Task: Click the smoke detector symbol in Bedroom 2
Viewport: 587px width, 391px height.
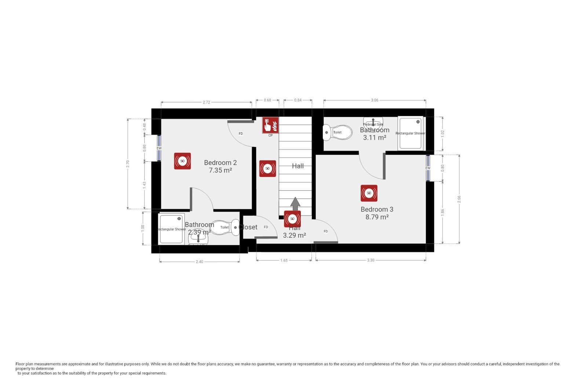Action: click(x=182, y=161)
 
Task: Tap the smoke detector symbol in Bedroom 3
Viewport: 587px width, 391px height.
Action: click(x=369, y=193)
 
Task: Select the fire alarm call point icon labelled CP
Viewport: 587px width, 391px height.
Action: click(x=270, y=125)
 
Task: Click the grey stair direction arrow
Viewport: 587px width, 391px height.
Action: click(x=295, y=203)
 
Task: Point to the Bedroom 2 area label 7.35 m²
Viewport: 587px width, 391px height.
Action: click(x=220, y=170)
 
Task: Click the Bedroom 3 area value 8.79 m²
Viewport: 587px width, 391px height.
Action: click(x=377, y=217)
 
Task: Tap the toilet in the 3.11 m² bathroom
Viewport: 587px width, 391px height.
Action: click(x=336, y=132)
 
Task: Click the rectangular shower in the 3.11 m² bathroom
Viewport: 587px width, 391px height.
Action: click(x=410, y=133)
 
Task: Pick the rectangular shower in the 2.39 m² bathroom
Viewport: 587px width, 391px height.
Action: click(x=171, y=229)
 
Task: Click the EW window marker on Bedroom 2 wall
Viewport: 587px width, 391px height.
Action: click(x=159, y=148)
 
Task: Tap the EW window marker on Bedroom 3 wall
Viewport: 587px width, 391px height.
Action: click(x=428, y=168)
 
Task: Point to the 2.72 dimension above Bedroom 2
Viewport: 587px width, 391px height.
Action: click(x=206, y=102)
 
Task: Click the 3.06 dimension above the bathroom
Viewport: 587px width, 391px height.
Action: click(x=374, y=100)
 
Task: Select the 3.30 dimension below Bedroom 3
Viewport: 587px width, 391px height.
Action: click(x=371, y=260)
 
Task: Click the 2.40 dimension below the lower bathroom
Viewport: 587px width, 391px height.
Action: click(x=199, y=262)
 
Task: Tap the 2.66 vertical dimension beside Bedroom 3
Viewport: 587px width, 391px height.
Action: click(x=459, y=199)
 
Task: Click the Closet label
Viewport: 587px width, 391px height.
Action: click(x=248, y=227)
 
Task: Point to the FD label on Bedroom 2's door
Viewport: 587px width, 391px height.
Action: click(x=241, y=134)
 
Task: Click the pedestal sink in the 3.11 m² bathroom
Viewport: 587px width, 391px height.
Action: click(x=373, y=122)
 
